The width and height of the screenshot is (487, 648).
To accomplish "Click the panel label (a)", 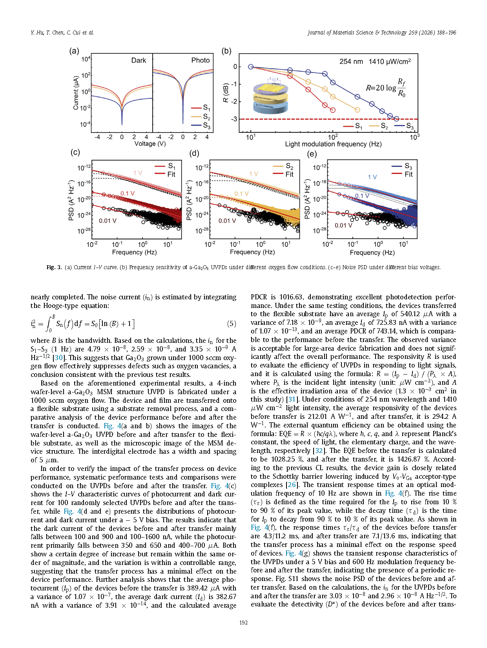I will tap(74, 51).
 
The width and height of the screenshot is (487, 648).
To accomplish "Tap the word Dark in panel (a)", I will tap(139, 60).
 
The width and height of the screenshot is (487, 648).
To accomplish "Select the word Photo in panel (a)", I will tap(200, 60).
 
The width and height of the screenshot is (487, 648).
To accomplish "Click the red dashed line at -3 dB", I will tap(298, 119).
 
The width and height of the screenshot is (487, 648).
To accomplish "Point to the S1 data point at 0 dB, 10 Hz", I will tap(251, 67).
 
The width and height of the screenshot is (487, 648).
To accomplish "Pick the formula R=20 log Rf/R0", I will tap(385, 88).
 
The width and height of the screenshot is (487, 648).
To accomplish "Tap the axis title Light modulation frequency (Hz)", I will tap(333, 144).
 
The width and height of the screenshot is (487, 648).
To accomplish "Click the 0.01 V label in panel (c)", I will tap(108, 221).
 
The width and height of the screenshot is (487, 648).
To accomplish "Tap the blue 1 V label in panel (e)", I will tap(372, 177).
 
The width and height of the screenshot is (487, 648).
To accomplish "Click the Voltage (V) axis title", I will tap(150, 144).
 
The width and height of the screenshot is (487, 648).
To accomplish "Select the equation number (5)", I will tap(232, 324).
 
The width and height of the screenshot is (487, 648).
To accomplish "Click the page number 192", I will tap(243, 623).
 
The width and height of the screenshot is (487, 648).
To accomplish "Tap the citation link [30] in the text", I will tap(59, 358).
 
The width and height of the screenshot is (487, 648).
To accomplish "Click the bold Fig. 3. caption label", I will tap(54, 267).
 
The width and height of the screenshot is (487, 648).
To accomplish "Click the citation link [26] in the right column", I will tap(292, 485).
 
